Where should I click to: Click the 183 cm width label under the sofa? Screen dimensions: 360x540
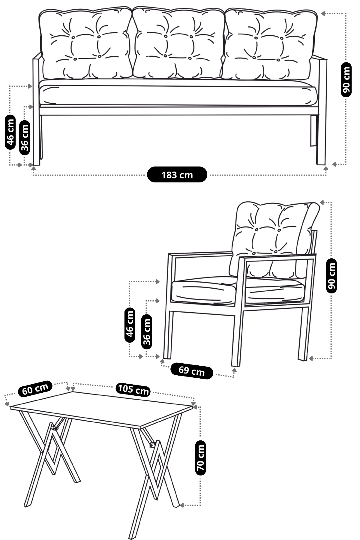pyautogui.click(x=177, y=175)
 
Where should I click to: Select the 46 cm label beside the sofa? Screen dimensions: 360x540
pyautogui.click(x=10, y=132)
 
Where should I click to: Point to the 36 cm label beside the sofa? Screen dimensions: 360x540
pyautogui.click(x=25, y=137)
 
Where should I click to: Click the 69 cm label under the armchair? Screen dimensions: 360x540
pyautogui.click(x=192, y=371)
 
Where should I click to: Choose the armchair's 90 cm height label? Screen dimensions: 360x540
pyautogui.click(x=331, y=275)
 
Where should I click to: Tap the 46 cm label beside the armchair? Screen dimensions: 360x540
pyautogui.click(x=130, y=324)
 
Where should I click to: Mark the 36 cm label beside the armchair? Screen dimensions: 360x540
pyautogui.click(x=146, y=331)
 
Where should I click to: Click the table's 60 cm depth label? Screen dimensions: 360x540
pyautogui.click(x=35, y=389)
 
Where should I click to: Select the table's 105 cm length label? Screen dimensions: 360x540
pyautogui.click(x=133, y=390)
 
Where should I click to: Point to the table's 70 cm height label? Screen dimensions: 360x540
pyautogui.click(x=200, y=458)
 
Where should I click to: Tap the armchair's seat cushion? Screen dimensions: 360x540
pyautogui.click(x=237, y=290)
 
